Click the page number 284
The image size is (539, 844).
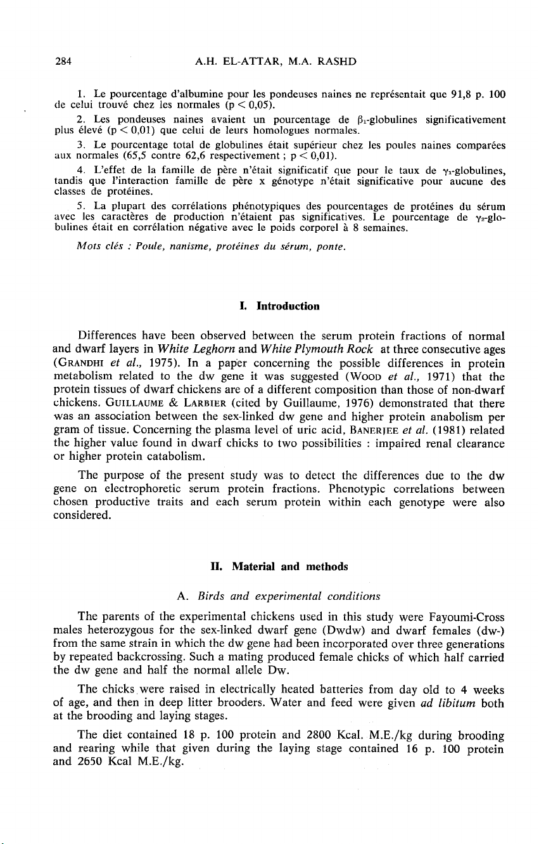tap(63, 61)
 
